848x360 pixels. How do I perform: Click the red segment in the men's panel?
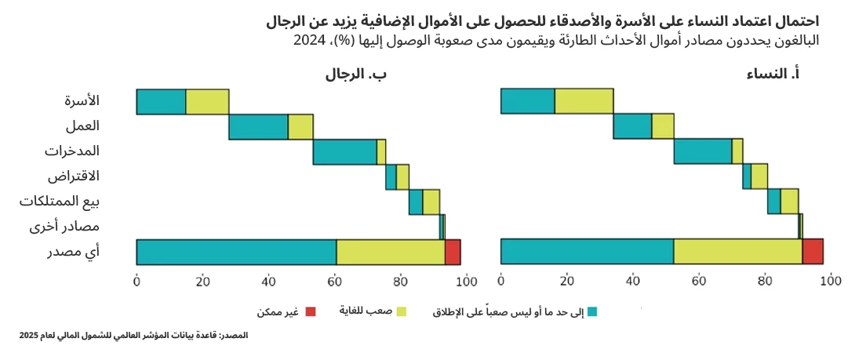(453, 252)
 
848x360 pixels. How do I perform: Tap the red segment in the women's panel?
(813, 252)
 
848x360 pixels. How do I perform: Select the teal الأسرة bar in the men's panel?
(161, 102)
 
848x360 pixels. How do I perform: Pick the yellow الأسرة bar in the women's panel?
(584, 102)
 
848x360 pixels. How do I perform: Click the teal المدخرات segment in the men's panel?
(344, 151)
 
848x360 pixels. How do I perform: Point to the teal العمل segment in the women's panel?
(632, 126)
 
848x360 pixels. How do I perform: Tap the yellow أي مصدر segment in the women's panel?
(737, 252)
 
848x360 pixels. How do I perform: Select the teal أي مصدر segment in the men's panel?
(235, 252)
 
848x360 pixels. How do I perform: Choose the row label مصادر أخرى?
(75, 227)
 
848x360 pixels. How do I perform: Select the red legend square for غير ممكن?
(309, 311)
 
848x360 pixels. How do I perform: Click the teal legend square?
(593, 311)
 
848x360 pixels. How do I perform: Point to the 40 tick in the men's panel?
(269, 281)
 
